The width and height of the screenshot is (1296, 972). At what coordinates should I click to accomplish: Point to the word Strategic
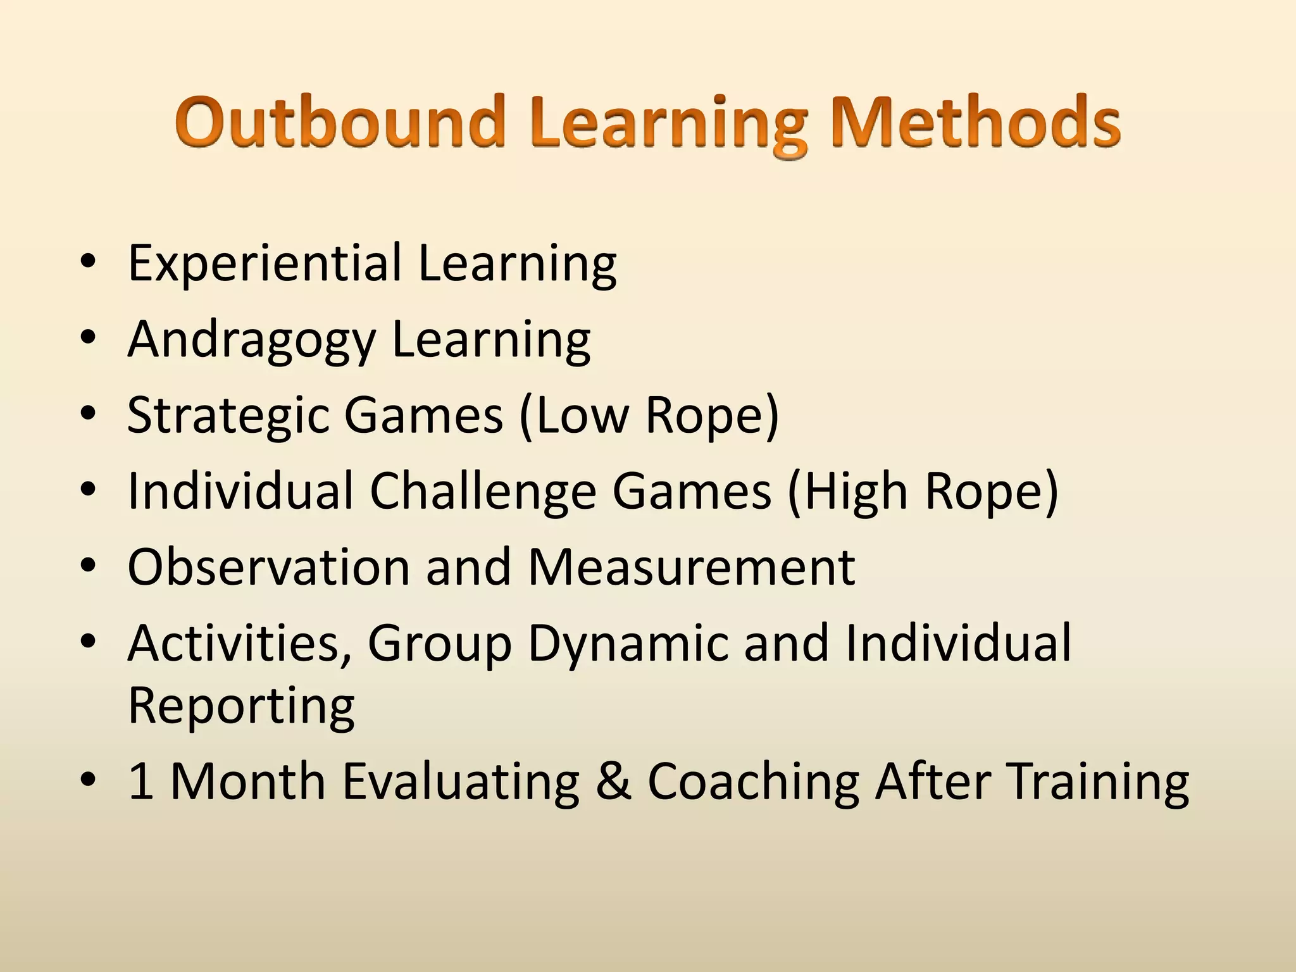228,416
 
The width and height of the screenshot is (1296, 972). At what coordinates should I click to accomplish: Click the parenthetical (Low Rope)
649,416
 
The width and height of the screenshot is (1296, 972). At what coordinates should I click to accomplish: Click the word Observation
269,567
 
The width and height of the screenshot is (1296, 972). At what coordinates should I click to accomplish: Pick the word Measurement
691,567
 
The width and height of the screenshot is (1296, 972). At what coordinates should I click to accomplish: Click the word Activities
240,643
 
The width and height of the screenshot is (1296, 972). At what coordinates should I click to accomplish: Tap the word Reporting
241,706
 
